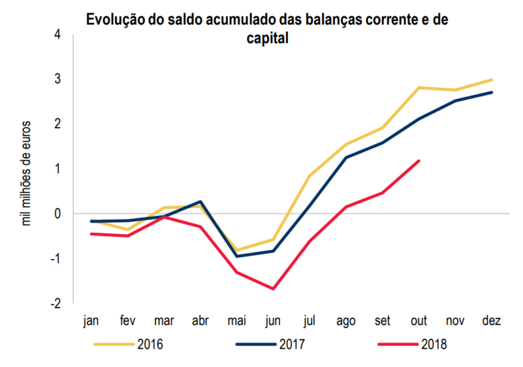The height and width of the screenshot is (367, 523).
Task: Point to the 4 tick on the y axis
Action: pyautogui.click(x=57, y=33)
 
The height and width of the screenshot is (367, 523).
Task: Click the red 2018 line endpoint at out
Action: pyautogui.click(x=419, y=160)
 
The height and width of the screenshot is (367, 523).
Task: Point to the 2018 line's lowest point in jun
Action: pyautogui.click(x=273, y=288)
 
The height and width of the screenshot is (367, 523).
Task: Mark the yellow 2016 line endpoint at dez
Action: pyautogui.click(x=491, y=80)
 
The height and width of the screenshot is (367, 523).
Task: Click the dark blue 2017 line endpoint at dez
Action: pyautogui.click(x=491, y=92)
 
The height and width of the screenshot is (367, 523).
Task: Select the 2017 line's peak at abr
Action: pyautogui.click(x=200, y=201)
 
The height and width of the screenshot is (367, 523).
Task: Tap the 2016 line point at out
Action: pyautogui.click(x=419, y=88)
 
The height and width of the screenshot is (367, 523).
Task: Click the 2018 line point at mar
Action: pyautogui.click(x=165, y=217)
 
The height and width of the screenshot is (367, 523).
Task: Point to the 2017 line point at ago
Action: pyautogui.click(x=346, y=157)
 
